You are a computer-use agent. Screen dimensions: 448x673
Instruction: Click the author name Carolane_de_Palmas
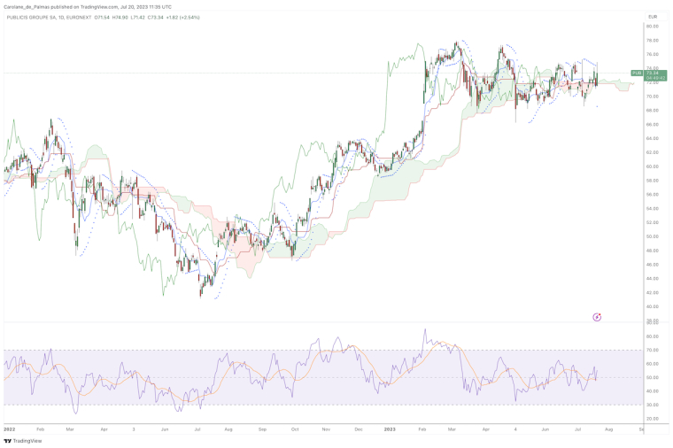28,6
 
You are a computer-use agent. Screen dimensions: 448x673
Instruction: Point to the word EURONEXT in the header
73,17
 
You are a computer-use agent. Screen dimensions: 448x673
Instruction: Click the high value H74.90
120,17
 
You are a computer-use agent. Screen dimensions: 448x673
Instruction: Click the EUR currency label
653,17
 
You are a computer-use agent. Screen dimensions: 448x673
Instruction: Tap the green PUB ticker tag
636,73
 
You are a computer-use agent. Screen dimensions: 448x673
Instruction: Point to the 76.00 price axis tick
653,40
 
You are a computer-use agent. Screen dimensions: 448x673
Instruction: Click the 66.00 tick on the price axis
653,110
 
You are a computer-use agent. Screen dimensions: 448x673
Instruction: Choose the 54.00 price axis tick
653,194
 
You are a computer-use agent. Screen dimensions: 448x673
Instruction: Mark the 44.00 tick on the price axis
653,264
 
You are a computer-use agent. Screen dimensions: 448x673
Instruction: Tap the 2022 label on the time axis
9,429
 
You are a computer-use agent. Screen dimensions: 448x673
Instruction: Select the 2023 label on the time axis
389,429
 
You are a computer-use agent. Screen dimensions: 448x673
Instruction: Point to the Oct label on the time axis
294,429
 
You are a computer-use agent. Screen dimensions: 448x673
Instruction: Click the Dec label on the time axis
358,429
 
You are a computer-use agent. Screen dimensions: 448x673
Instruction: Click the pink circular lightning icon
597,316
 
